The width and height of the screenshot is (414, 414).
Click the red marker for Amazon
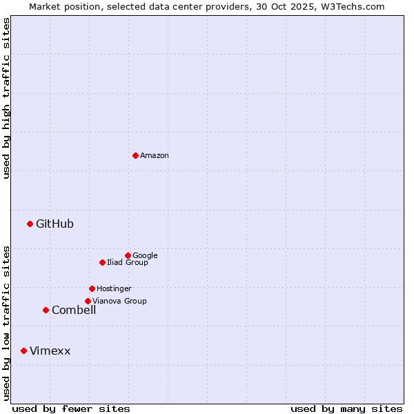click(x=135, y=155)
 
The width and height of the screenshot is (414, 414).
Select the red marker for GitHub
click(x=30, y=224)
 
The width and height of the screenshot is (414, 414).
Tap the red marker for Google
click(x=128, y=255)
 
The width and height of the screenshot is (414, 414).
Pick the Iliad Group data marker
click(x=102, y=262)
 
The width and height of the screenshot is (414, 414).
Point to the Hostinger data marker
click(x=92, y=288)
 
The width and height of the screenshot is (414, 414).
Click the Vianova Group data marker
click(x=88, y=301)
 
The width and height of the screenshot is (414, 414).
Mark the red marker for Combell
click(x=46, y=310)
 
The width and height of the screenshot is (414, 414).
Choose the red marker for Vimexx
click(x=23, y=351)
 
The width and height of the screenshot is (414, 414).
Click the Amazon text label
click(x=155, y=156)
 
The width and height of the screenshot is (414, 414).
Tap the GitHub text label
click(x=55, y=224)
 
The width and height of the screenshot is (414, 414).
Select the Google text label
click(x=145, y=256)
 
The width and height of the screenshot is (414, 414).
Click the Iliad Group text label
click(x=128, y=263)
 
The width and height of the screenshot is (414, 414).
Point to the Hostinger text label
click(x=114, y=289)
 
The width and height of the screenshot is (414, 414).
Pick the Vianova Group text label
click(x=119, y=302)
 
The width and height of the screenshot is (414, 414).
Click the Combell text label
click(x=74, y=310)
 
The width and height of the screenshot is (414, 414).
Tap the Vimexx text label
click(x=50, y=351)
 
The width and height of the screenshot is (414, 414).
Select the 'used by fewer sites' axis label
click(x=71, y=408)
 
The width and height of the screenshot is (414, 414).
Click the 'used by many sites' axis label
click(x=346, y=408)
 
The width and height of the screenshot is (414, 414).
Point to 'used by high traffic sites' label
click(x=7, y=98)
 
